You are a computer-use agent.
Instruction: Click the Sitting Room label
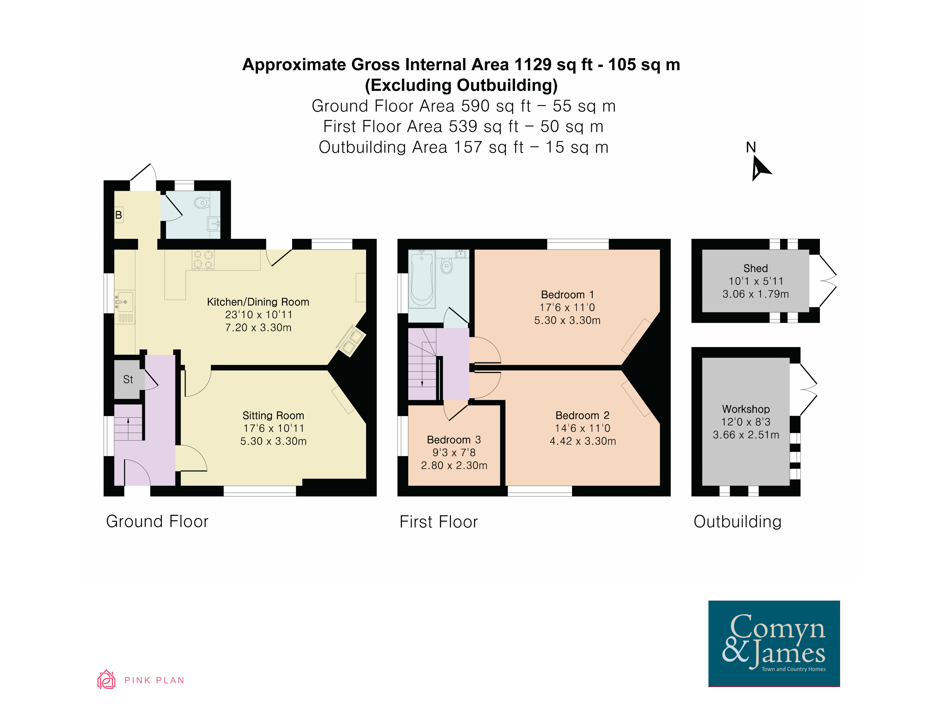pyautogui.click(x=273, y=415)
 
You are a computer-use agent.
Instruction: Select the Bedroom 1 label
pyautogui.click(x=568, y=295)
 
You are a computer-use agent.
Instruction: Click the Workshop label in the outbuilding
pyautogui.click(x=746, y=409)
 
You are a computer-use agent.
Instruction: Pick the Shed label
pyautogui.click(x=756, y=268)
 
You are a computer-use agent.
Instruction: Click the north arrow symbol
pyautogui.click(x=760, y=168)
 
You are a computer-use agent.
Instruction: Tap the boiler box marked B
pyautogui.click(x=119, y=215)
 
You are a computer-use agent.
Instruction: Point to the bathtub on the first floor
pyautogui.click(x=422, y=279)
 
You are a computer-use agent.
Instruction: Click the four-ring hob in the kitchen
pyautogui.click(x=203, y=259)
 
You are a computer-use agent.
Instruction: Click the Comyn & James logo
pyautogui.click(x=774, y=643)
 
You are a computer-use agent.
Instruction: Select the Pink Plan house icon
pyautogui.click(x=106, y=679)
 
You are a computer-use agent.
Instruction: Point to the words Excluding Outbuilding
pyautogui.click(x=461, y=85)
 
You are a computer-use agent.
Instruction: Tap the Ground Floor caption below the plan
pyautogui.click(x=157, y=521)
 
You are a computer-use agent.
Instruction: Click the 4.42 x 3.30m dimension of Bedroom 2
pyautogui.click(x=583, y=441)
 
